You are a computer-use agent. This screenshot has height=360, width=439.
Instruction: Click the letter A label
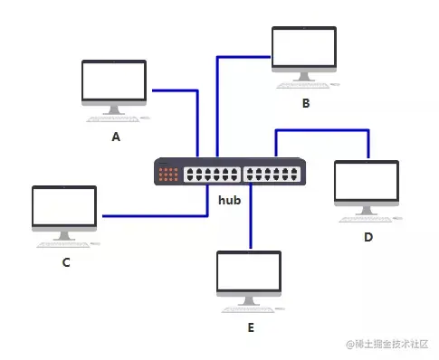click(x=115, y=137)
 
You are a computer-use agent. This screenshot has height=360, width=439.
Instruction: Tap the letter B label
click(x=306, y=103)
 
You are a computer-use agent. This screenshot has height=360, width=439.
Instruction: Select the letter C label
click(x=66, y=262)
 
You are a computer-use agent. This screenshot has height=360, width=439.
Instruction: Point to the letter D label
click(x=368, y=237)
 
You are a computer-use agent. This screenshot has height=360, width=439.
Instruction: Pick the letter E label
click(x=251, y=327)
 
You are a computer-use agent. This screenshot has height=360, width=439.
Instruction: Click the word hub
click(x=229, y=200)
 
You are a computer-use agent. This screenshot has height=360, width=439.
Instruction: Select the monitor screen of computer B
click(x=304, y=50)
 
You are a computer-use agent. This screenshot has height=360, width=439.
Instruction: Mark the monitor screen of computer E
click(x=250, y=273)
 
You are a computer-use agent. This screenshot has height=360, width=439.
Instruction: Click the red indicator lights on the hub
click(x=168, y=174)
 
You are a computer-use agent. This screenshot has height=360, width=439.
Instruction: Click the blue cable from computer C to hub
click(x=154, y=215)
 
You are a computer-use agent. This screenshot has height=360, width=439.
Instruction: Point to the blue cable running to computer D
click(x=321, y=130)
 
